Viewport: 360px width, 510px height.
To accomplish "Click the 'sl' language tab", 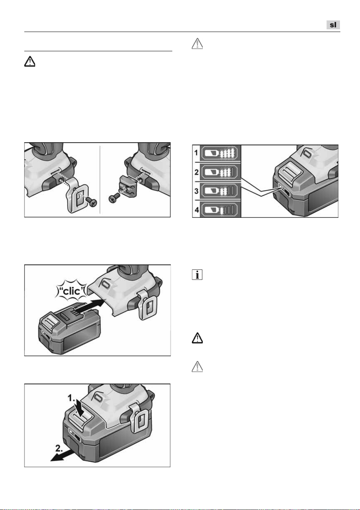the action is [333, 25].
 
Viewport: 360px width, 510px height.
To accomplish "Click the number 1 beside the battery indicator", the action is [196, 153].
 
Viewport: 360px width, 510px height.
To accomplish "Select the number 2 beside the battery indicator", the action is [196, 172].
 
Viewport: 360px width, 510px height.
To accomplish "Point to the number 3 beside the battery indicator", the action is [196, 191].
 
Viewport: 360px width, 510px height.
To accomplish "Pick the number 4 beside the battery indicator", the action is [196, 210].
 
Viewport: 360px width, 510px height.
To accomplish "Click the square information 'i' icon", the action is [197, 274].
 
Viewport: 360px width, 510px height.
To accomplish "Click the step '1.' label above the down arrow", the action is [72, 398].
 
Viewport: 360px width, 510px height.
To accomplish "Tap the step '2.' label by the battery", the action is [59, 448].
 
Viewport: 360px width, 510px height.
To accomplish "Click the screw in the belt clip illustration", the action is [91, 202].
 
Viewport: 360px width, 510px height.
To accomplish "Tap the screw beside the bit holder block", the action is [114, 198].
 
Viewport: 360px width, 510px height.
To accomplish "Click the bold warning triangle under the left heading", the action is [30, 61].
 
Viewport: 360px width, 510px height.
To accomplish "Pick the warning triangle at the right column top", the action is [197, 44].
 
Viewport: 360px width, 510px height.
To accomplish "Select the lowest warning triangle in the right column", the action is [197, 366].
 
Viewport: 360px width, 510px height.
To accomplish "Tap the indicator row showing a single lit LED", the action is [220, 210].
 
